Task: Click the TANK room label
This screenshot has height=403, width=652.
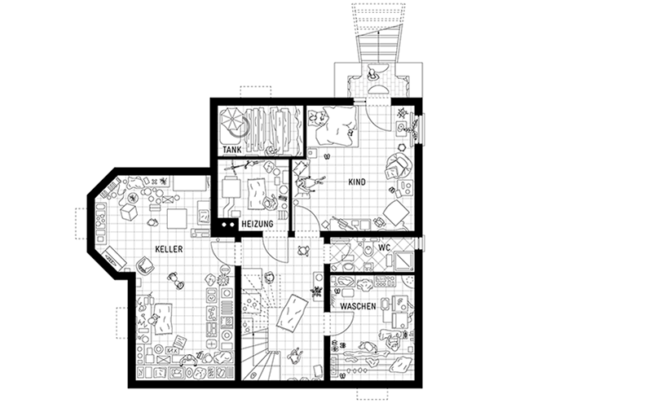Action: click(232, 150)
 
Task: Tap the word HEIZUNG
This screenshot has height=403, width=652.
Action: click(258, 224)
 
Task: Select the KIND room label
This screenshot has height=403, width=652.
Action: click(357, 182)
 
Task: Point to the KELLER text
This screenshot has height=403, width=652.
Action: click(169, 249)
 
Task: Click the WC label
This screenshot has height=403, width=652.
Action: click(384, 247)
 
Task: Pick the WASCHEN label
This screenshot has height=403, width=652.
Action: click(358, 307)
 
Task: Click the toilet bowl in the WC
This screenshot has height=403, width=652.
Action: click(368, 251)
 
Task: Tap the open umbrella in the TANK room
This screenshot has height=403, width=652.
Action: click(233, 120)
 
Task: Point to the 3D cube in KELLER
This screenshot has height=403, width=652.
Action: click(129, 212)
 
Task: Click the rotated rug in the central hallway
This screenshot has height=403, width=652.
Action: click(293, 313)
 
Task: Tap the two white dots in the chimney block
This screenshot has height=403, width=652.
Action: click(228, 225)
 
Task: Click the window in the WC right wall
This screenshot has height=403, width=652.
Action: click(422, 243)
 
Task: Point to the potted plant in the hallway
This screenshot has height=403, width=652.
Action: click(316, 291)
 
